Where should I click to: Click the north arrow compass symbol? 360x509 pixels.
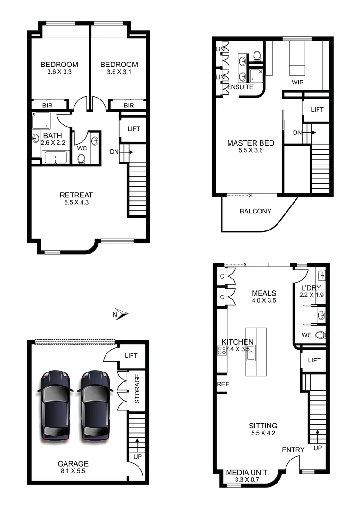coord(121,314)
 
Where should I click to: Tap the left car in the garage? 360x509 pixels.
coord(56,406)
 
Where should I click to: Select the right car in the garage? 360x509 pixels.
coord(96,406)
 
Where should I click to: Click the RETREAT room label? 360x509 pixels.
coord(76,195)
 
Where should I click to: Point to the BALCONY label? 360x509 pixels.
coord(255,211)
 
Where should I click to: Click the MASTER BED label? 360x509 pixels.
coord(251,143)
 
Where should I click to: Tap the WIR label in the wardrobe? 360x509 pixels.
coord(297,82)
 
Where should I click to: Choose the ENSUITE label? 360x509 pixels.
coord(240,87)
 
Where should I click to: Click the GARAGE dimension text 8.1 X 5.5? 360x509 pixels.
coord(73,470)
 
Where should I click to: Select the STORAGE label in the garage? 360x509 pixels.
coord(138,389)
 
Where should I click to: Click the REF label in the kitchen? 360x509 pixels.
coord(223,384)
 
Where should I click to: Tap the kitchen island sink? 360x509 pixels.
coord(252,349)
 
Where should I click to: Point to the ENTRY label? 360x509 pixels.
coord(293,450)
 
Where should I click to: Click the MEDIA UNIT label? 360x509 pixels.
coord(247,473)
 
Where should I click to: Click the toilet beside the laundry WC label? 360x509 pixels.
coord(321,335)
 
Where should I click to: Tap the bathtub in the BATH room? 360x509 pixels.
coord(56,157)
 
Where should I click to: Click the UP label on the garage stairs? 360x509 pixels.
coord(137,457)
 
